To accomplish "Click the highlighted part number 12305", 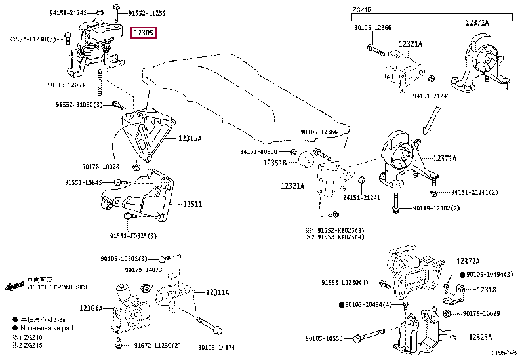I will [144, 33].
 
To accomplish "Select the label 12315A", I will [190, 138].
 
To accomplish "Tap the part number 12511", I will [192, 205].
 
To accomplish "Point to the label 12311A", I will [217, 292].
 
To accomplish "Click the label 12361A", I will [91, 308].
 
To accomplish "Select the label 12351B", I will [275, 163].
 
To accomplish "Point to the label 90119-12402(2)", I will [436, 209].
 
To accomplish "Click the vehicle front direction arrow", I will [14, 287].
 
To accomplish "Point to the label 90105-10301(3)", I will [129, 258].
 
